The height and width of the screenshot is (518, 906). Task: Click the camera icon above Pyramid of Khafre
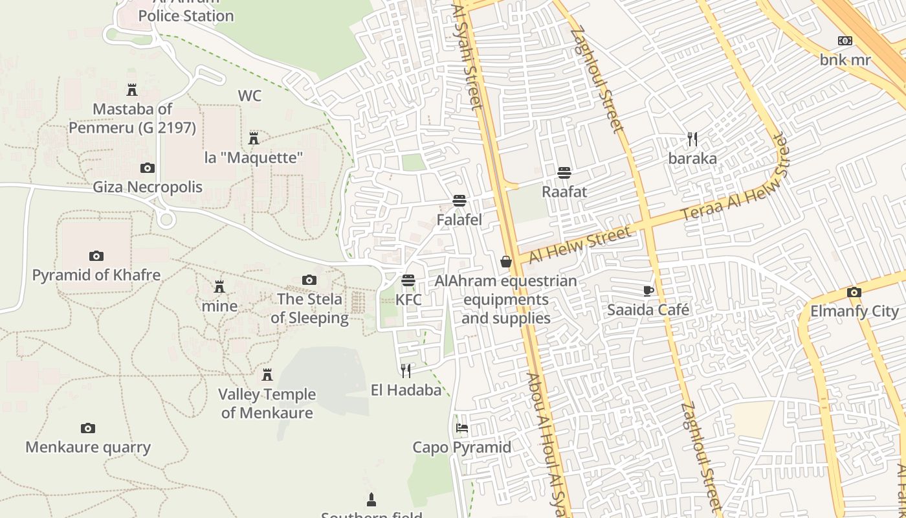click(x=96, y=256)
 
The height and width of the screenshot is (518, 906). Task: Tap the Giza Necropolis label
click(x=148, y=187)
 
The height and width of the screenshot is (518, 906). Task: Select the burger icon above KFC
click(x=408, y=280)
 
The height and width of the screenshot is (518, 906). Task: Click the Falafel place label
click(x=459, y=220)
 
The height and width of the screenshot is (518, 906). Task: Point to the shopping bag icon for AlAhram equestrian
click(x=506, y=262)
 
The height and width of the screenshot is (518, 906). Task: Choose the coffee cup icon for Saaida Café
click(x=648, y=291)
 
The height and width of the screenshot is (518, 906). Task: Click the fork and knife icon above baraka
click(x=692, y=139)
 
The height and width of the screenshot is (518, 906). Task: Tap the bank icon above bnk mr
click(x=845, y=41)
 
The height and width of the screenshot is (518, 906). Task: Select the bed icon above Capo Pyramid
click(x=461, y=428)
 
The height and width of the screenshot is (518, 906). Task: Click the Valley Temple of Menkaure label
click(x=267, y=403)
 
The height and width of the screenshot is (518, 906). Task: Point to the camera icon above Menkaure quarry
click(x=88, y=428)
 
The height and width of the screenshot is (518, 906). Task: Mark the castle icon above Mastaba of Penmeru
click(x=132, y=89)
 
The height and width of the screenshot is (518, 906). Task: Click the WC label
click(x=250, y=96)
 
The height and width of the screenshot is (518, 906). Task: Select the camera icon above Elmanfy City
click(x=854, y=292)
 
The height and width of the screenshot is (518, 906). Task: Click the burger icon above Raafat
click(x=564, y=172)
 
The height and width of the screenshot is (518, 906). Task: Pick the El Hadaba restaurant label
click(x=406, y=390)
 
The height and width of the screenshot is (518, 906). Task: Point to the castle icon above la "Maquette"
click(x=254, y=138)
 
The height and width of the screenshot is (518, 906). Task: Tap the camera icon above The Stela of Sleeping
click(x=309, y=280)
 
